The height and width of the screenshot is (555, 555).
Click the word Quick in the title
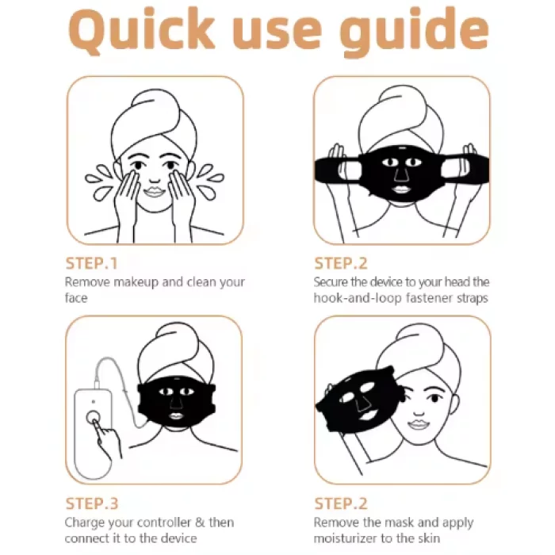coord(142,31)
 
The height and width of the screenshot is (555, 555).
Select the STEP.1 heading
coord(91,263)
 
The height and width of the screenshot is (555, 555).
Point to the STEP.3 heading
coord(92,503)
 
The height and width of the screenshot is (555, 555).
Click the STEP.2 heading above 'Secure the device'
coord(341,263)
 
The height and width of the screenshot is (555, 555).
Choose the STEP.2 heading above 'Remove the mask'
coord(341,503)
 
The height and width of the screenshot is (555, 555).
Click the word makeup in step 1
coord(136,282)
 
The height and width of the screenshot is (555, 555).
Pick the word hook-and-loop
coord(358,298)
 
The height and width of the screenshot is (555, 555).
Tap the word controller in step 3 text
coord(164,522)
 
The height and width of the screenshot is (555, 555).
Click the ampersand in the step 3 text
coord(200,522)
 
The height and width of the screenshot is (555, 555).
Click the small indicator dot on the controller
coord(93,401)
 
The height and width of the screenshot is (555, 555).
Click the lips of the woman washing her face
coord(155,192)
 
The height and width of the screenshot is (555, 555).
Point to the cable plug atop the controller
coord(97,385)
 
